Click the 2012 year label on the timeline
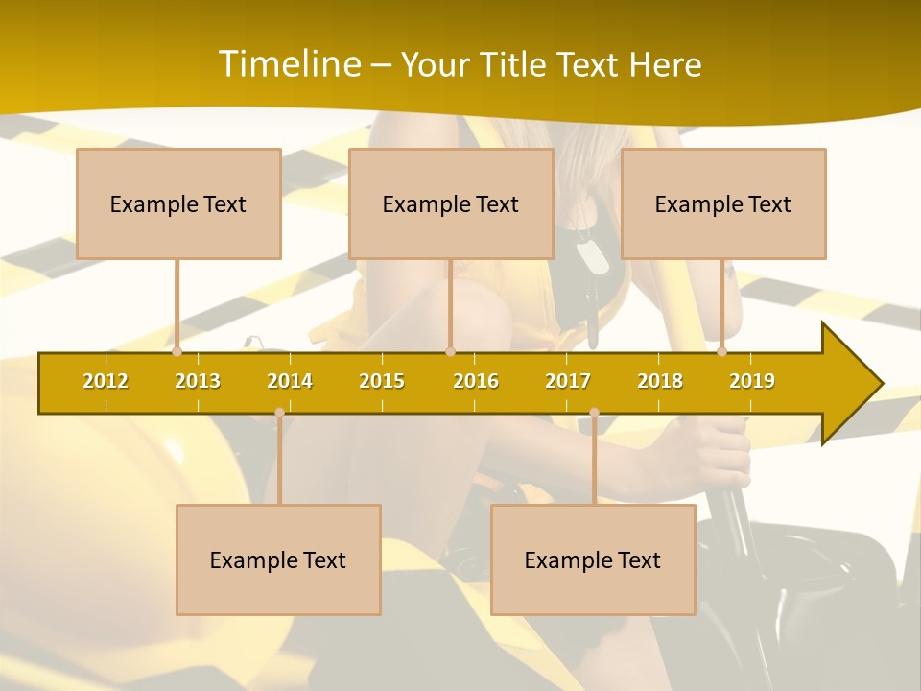pyautogui.click(x=106, y=381)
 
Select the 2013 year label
pyautogui.click(x=198, y=381)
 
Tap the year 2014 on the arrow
pyautogui.click(x=290, y=381)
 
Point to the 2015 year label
pyautogui.click(x=382, y=381)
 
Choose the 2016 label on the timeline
pyautogui.click(x=476, y=381)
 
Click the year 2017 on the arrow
pyautogui.click(x=568, y=381)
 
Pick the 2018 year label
pyautogui.click(x=660, y=381)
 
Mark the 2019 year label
pyautogui.click(x=752, y=381)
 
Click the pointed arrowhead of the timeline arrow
pyautogui.click(x=859, y=384)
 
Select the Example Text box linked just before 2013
pyautogui.click(x=178, y=203)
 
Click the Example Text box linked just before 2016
pyautogui.click(x=451, y=203)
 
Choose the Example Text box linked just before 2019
pyautogui.click(x=723, y=203)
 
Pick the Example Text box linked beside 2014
pyautogui.click(x=278, y=560)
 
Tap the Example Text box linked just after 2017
pyautogui.click(x=593, y=560)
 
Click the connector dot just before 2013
pyautogui.click(x=177, y=352)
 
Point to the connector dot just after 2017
pyautogui.click(x=594, y=413)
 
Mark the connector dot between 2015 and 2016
pyautogui.click(x=450, y=352)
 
